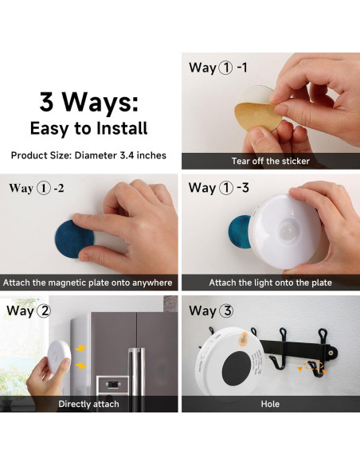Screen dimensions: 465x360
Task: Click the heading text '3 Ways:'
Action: tap(89, 102)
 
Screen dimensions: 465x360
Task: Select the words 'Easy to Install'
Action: tap(89, 128)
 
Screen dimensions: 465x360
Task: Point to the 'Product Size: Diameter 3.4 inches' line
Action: tap(89, 155)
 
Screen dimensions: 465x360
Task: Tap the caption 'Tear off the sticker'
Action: tap(271, 161)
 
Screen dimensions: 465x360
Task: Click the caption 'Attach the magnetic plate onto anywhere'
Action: tap(88, 283)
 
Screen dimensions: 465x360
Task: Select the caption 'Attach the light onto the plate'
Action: tap(271, 283)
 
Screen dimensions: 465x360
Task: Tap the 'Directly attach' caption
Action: tap(88, 404)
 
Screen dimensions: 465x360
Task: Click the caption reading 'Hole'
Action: tap(271, 404)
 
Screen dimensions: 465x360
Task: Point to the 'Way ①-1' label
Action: tap(218, 68)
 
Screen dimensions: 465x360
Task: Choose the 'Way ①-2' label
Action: tap(38, 189)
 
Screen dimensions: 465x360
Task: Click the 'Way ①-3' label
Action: tap(218, 189)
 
